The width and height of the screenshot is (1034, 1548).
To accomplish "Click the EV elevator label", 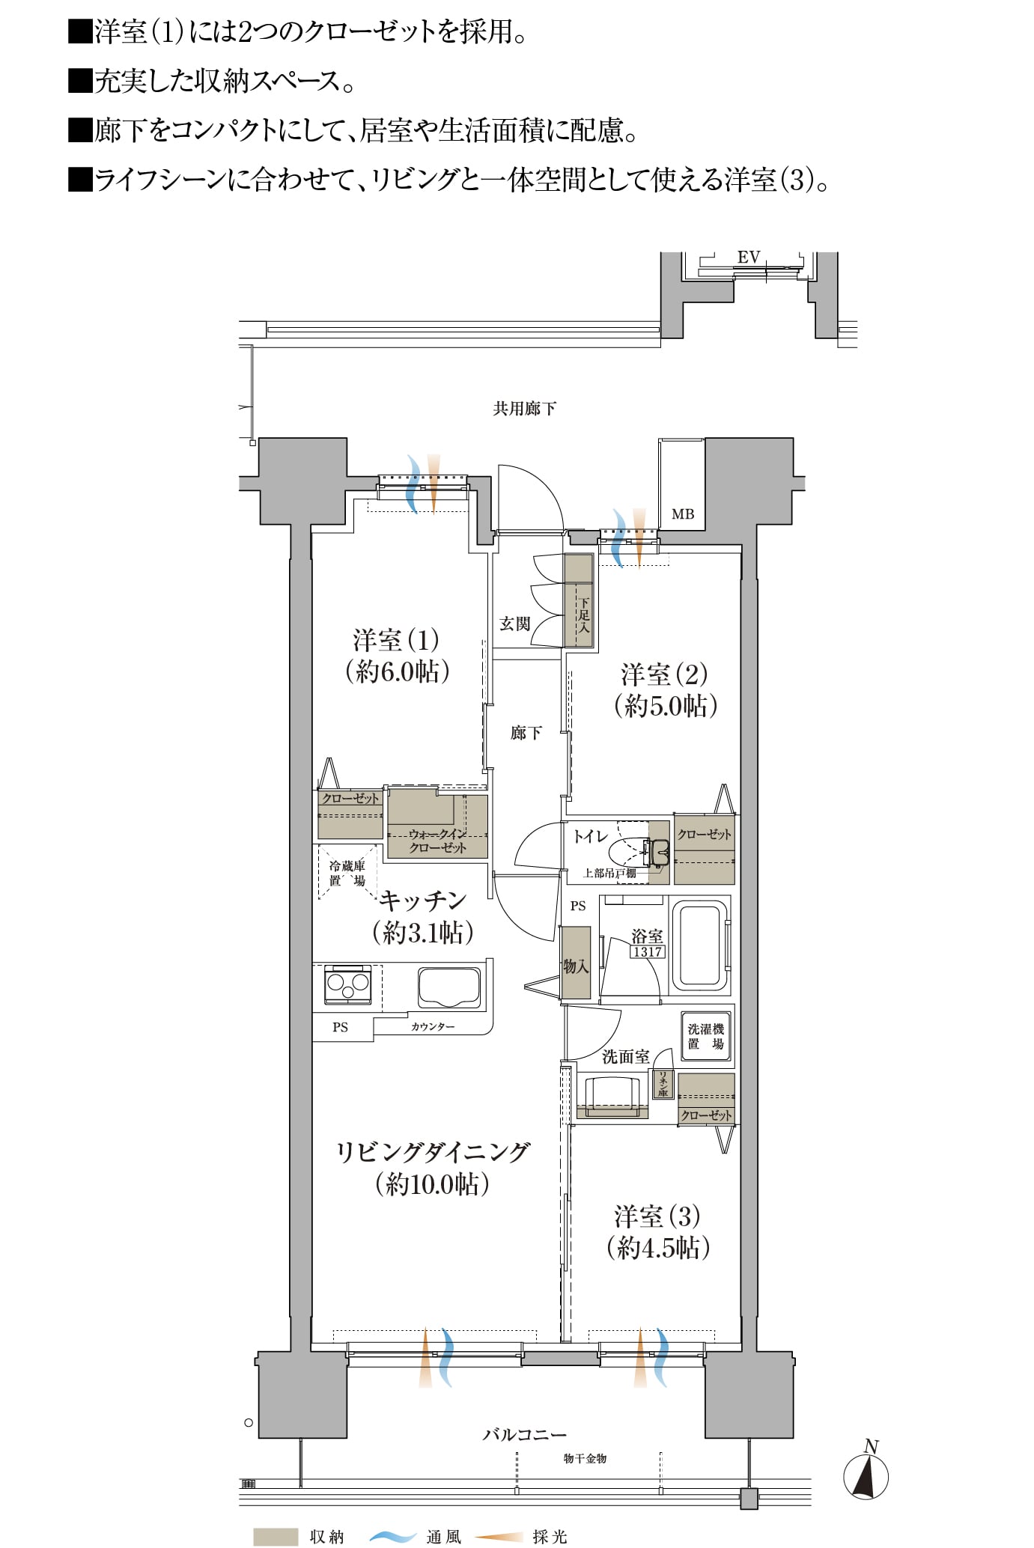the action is click(x=749, y=258).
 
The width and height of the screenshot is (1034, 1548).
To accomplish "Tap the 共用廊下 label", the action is click(x=524, y=409).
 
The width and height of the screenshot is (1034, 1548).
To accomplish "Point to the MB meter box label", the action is click(x=683, y=514).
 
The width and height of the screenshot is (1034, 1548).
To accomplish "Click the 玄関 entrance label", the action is click(x=515, y=624).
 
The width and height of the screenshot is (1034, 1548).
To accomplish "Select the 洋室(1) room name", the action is click(x=396, y=640).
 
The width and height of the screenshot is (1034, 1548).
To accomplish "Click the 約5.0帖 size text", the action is click(x=666, y=705).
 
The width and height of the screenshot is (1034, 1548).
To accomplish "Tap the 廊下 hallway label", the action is click(x=526, y=733).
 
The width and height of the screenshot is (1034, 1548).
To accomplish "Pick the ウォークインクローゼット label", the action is click(x=438, y=841).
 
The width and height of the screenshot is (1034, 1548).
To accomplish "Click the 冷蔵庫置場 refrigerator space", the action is click(x=347, y=873).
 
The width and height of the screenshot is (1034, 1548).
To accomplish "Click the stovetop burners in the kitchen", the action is click(x=348, y=985).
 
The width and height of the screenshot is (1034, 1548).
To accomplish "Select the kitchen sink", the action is click(x=449, y=988).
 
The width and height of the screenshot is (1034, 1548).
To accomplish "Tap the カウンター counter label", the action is click(x=432, y=1027).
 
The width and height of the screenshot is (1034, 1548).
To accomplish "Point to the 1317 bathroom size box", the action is click(x=647, y=952).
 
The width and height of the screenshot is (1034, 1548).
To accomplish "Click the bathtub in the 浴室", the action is click(x=701, y=945).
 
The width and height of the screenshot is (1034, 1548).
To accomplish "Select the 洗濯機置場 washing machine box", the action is click(x=705, y=1037).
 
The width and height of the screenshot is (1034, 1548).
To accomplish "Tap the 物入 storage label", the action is click(x=576, y=966).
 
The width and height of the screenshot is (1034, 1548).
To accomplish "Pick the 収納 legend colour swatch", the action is click(x=276, y=1536).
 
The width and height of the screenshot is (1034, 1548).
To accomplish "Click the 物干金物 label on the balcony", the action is click(x=585, y=1458).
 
